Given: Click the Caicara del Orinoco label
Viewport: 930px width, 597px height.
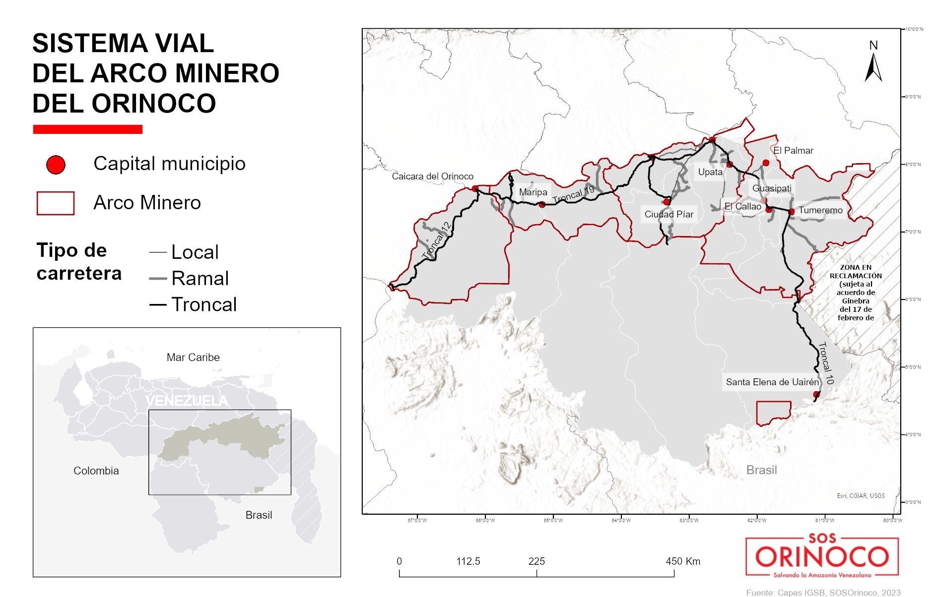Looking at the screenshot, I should (x=432, y=176).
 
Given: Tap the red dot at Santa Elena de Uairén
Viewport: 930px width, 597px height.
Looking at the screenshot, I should (x=816, y=395).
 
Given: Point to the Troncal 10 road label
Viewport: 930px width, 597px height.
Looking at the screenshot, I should (x=826, y=363).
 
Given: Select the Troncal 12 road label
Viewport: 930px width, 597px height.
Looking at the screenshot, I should (x=437, y=240).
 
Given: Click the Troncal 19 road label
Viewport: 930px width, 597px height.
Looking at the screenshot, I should (x=573, y=194).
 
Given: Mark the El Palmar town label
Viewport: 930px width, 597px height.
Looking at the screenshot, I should (x=793, y=150).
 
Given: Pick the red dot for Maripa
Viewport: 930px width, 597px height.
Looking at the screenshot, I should (x=542, y=204).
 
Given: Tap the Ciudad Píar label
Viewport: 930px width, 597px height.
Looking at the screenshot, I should (x=669, y=214).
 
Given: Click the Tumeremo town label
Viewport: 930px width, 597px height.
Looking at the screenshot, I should (x=820, y=210).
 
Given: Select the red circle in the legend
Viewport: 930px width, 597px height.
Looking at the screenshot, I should (x=56, y=165).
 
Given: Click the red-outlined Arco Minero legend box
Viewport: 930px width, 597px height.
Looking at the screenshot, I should (x=56, y=203).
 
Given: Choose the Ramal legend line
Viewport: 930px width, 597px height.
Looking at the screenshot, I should (x=157, y=279).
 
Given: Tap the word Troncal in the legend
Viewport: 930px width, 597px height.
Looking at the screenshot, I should (x=204, y=304).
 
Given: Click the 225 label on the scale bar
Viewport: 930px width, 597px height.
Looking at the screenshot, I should (x=536, y=561).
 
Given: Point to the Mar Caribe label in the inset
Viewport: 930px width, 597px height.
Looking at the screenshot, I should (x=193, y=357).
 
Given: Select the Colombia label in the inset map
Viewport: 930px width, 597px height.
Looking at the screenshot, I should (x=96, y=471).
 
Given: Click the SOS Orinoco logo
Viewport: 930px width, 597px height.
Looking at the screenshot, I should (x=822, y=556).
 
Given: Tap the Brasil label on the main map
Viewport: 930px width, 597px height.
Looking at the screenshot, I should (x=761, y=470).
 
